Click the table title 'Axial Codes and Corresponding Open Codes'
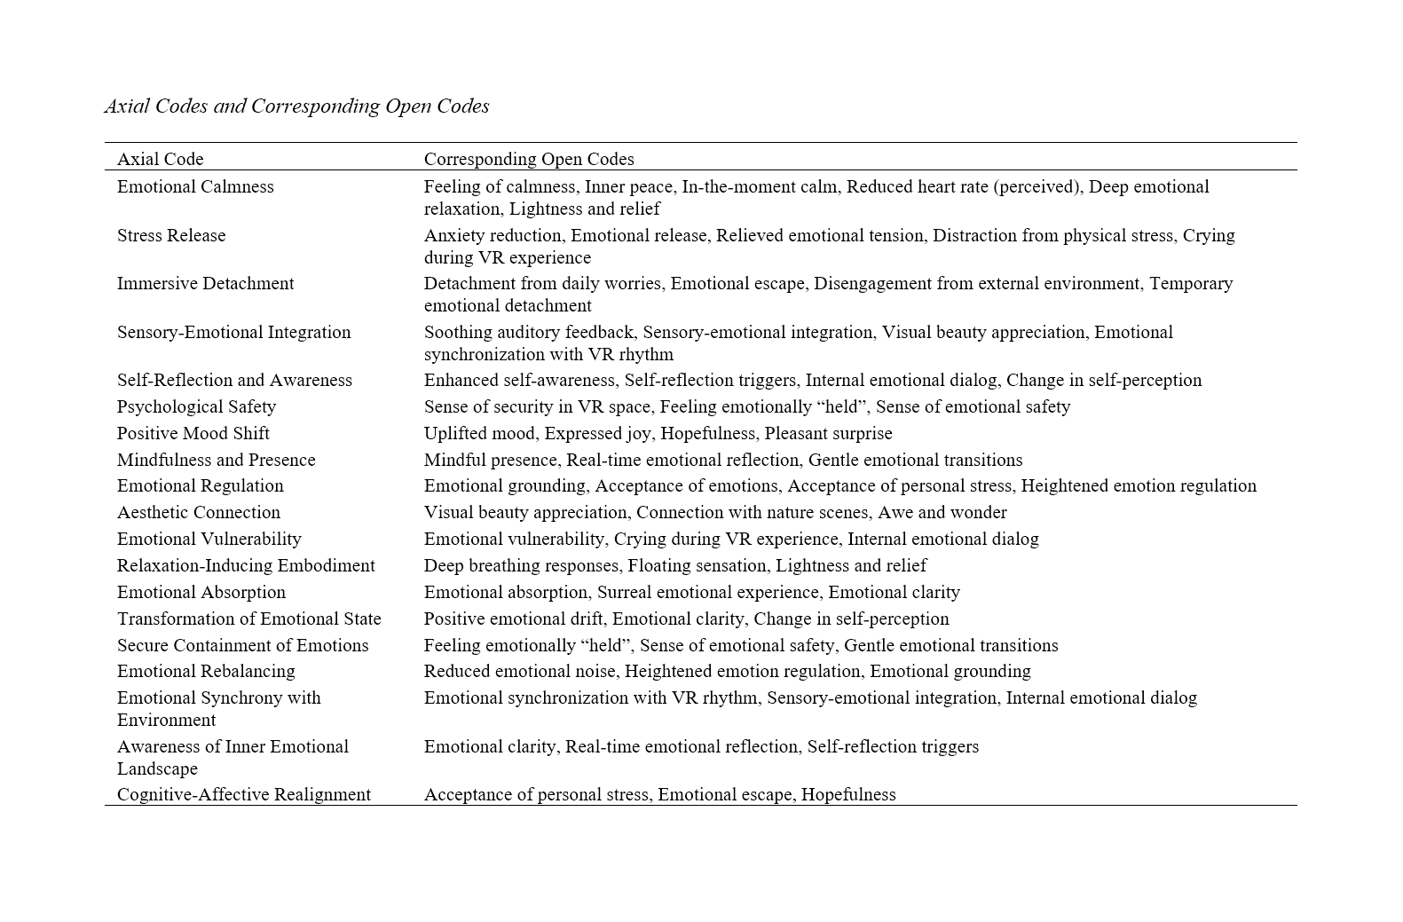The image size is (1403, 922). tap(296, 106)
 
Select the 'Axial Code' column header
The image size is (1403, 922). tap(160, 159)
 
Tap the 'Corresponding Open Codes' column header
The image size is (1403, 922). tap(529, 159)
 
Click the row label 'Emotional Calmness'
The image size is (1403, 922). tap(195, 186)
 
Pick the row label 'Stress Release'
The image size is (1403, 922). tap(171, 235)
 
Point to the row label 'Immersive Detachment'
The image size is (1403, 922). tap(205, 283)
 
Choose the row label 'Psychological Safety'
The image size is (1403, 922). tap(196, 406)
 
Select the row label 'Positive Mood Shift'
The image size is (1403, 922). tap(193, 433)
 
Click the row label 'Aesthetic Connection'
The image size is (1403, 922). tap(198, 512)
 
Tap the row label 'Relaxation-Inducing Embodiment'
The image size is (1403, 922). tap(246, 565)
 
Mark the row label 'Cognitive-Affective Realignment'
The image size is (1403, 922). tap(244, 794)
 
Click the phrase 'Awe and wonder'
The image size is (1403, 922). tap(942, 512)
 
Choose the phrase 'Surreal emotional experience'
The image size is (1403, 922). tap(707, 592)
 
